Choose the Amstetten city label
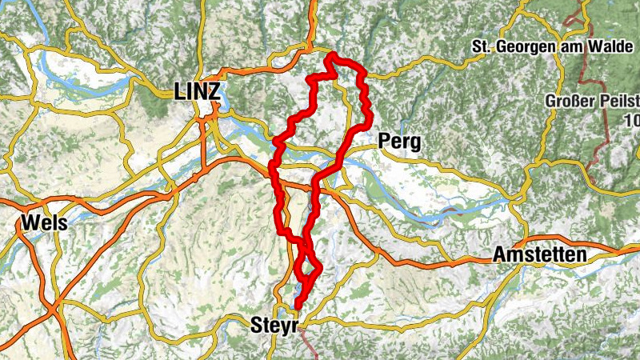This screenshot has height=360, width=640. click(539, 255)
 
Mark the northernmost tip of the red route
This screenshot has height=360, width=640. click(330, 54)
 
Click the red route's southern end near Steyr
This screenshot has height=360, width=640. click(298, 305)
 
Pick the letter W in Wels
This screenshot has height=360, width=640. click(30, 222)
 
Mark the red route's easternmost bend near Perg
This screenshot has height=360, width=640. click(370, 119)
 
